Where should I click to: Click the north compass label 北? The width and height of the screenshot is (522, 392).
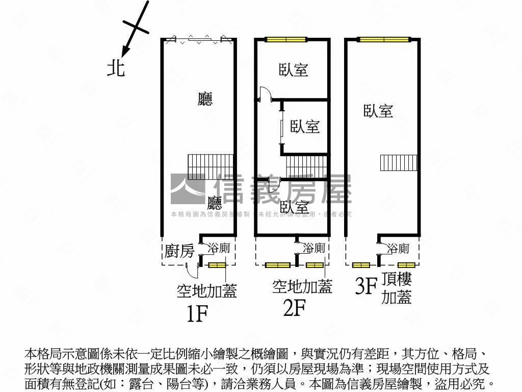click(116, 67)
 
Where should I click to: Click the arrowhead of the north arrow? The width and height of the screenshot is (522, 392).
click(124, 51)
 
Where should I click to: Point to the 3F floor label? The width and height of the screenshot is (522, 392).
click(366, 286)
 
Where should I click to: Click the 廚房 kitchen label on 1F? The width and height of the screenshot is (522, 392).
click(179, 251)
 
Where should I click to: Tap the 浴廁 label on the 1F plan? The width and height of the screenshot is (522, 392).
click(220, 249)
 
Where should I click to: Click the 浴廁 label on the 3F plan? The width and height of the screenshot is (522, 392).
click(398, 249)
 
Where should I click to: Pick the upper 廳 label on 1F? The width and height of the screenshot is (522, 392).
click(205, 99)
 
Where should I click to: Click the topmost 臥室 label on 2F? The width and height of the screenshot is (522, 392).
click(294, 70)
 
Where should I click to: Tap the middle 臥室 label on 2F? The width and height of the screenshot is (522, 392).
click(305, 127)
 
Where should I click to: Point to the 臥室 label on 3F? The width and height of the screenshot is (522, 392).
click(378, 111)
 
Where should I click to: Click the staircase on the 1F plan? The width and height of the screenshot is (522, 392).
click(211, 166)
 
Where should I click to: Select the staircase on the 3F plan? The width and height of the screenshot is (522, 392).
click(399, 163)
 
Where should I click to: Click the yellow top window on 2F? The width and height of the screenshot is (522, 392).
click(285, 39)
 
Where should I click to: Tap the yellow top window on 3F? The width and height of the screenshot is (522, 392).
click(383, 39)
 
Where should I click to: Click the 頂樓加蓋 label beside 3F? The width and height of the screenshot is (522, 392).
click(397, 288)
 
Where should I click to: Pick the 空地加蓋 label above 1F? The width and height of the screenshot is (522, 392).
click(207, 291)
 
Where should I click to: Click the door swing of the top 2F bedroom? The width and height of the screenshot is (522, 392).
click(265, 93)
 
